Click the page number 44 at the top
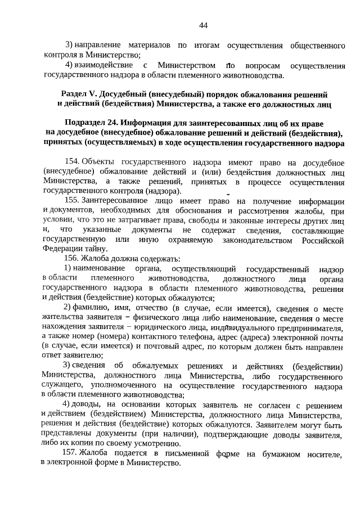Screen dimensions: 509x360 (204, 25)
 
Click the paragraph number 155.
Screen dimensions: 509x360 (73, 201)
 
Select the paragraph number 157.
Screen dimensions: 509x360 (73, 453)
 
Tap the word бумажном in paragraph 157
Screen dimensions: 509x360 (268, 453)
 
